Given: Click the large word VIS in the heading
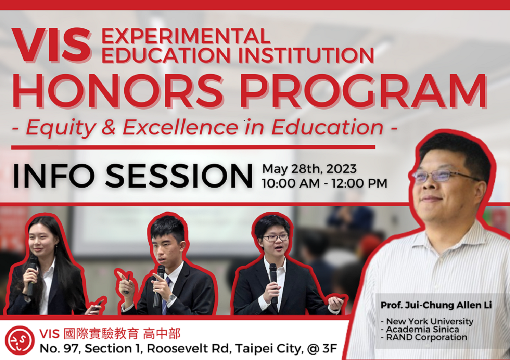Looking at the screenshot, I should (51, 46).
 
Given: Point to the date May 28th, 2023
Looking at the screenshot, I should (309, 168).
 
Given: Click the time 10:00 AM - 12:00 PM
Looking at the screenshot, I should (324, 183).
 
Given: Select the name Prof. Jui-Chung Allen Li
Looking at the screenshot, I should (436, 305).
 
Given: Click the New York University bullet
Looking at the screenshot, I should (427, 322).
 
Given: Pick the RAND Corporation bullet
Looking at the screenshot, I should (424, 337).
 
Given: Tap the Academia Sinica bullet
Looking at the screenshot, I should (420, 329).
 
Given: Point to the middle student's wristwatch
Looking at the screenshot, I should (171, 298).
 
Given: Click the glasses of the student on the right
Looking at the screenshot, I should (275, 237).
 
